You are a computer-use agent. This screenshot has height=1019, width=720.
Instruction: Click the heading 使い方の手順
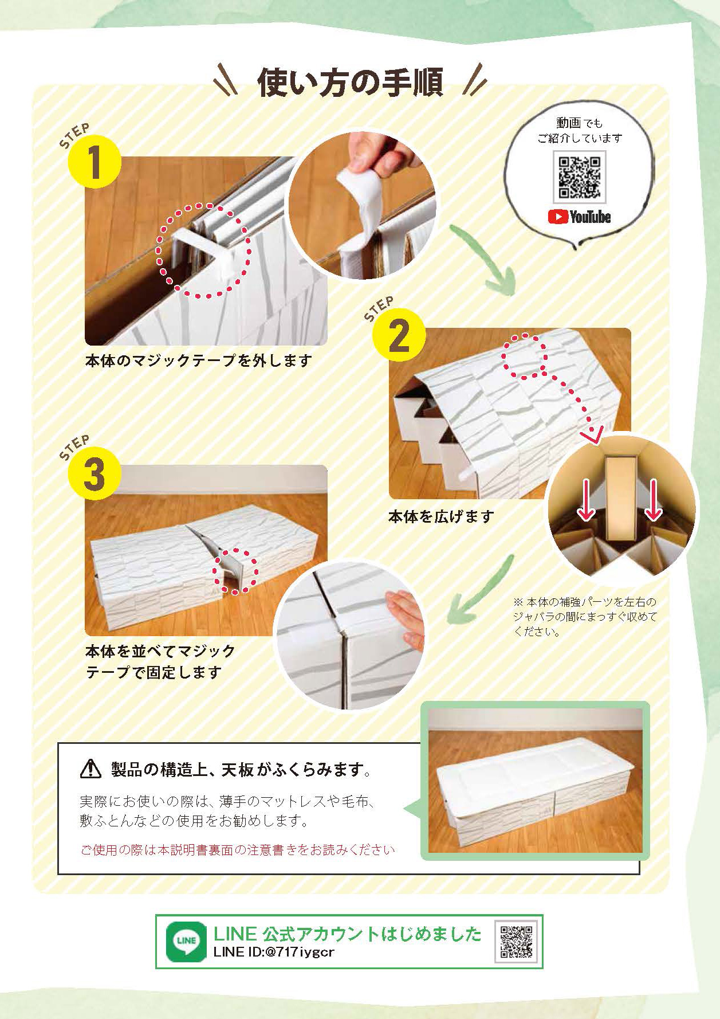(350, 84)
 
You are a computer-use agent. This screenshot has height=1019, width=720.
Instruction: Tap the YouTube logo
(580, 217)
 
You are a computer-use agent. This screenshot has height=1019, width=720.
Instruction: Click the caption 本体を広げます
(441, 516)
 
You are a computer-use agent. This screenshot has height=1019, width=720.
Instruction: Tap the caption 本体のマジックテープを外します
(199, 360)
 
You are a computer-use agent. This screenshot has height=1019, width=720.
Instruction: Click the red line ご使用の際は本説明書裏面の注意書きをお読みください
(238, 849)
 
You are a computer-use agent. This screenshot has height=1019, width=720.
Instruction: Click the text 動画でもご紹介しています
(580, 130)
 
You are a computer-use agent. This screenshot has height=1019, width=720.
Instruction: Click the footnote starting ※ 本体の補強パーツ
(584, 617)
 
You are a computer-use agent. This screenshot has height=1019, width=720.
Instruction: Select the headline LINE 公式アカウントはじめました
(348, 934)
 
